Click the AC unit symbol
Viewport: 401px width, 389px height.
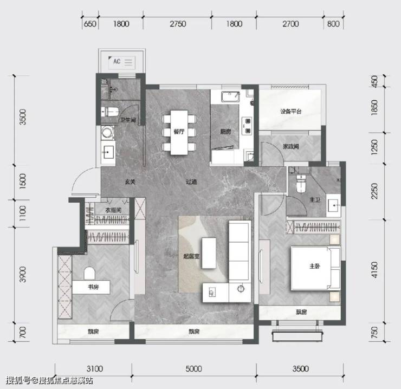coord(122,62)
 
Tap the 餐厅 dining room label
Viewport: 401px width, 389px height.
coord(179,132)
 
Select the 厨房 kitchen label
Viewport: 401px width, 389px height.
coord(225,132)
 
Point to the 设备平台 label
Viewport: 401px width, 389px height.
coord(291,112)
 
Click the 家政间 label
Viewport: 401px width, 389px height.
coord(291,146)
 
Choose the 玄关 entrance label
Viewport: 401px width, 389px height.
coord(130,182)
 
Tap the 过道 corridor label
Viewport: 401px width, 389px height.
coord(191,182)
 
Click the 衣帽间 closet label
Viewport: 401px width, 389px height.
coord(113,210)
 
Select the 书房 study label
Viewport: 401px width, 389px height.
coord(93,287)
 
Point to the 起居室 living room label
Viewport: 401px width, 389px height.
coord(191,256)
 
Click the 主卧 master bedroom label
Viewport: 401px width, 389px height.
coord(314,266)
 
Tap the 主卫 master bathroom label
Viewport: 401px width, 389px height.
coord(315,200)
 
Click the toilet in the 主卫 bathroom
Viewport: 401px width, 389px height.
coord(301,184)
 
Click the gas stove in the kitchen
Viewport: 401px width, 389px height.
coord(247,126)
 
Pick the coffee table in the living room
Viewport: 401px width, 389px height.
coord(209,253)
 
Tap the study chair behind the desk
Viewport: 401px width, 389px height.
coord(89,274)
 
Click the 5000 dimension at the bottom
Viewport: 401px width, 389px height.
coord(193,369)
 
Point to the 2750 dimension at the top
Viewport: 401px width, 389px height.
coord(178,24)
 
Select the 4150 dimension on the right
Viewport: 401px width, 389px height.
coord(374,270)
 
